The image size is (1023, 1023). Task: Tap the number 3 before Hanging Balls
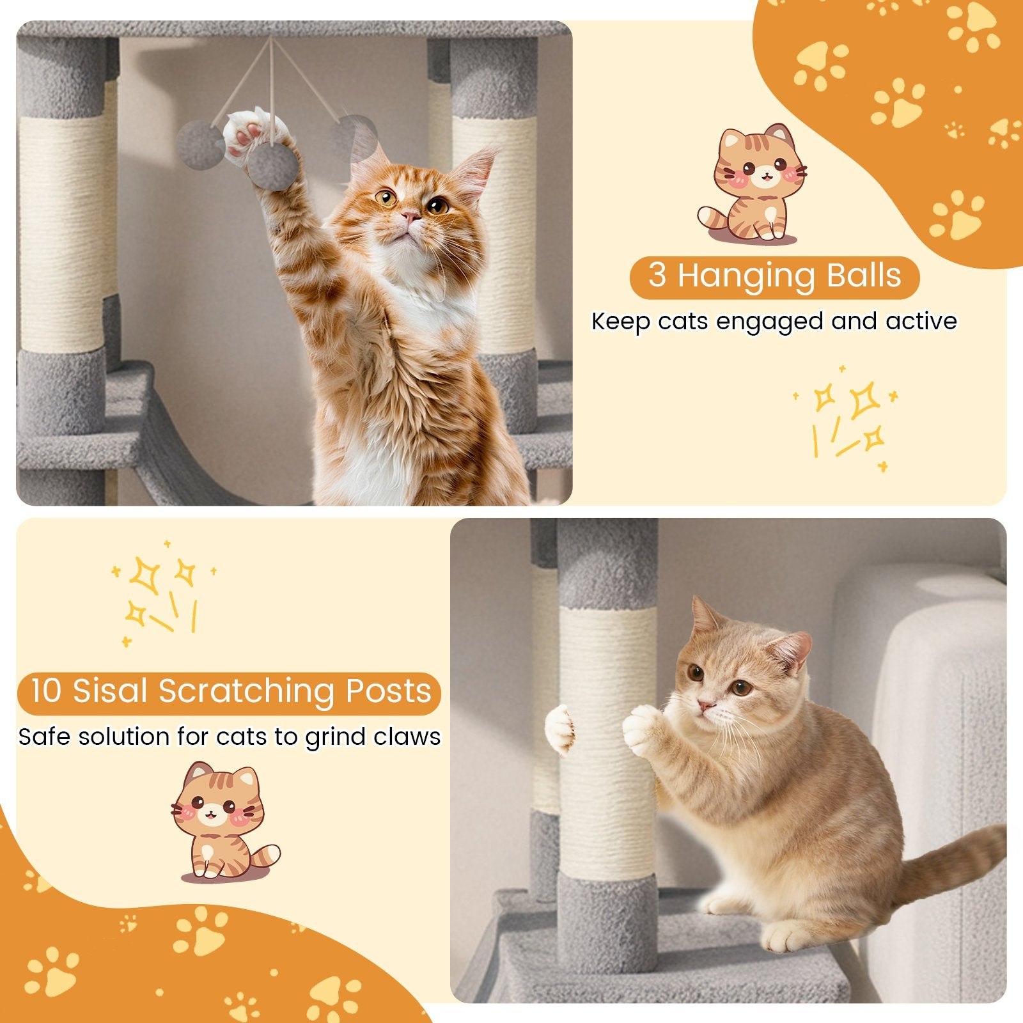[657, 276]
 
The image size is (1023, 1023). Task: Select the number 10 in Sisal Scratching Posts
[46, 692]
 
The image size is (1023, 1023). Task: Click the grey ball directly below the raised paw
[273, 165]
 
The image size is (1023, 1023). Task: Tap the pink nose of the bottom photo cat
[704, 706]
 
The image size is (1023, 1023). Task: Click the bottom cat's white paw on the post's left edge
[560, 729]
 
